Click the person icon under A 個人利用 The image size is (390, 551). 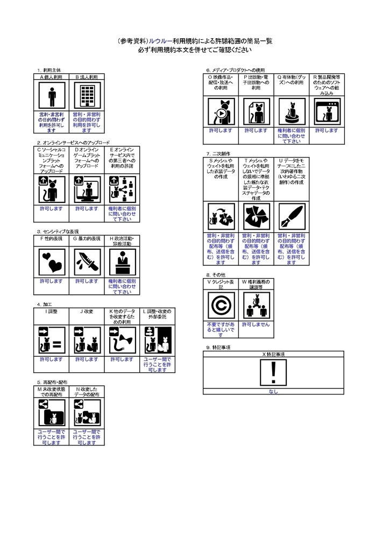pyautogui.click(x=52, y=96)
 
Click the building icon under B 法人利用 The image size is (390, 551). pyautogui.click(x=87, y=96)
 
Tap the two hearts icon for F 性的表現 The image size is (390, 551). pyautogui.click(x=52, y=263)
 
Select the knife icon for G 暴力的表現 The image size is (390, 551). pyautogui.click(x=87, y=263)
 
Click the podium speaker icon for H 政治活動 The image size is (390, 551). pyautogui.click(x=122, y=263)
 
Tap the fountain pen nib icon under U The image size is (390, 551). pyautogui.click(x=290, y=216)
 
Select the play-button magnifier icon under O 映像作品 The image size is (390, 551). pyautogui.click(x=221, y=112)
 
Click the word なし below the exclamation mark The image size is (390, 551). pyautogui.click(x=273, y=391)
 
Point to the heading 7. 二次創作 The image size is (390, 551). pyautogui.click(x=218, y=153)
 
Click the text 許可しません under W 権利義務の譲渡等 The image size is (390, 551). pyautogui.click(x=256, y=325)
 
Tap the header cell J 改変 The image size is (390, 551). pyautogui.click(x=87, y=312)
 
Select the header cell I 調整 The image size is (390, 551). pyautogui.click(x=52, y=312)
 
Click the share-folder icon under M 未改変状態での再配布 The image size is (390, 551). pyautogui.click(x=52, y=413)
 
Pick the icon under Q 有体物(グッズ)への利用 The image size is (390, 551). pyautogui.click(x=290, y=112)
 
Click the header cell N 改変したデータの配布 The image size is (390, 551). pyautogui.click(x=87, y=391)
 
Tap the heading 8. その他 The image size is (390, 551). pyautogui.click(x=216, y=274)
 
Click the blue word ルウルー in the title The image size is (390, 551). pyautogui.click(x=160, y=41)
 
